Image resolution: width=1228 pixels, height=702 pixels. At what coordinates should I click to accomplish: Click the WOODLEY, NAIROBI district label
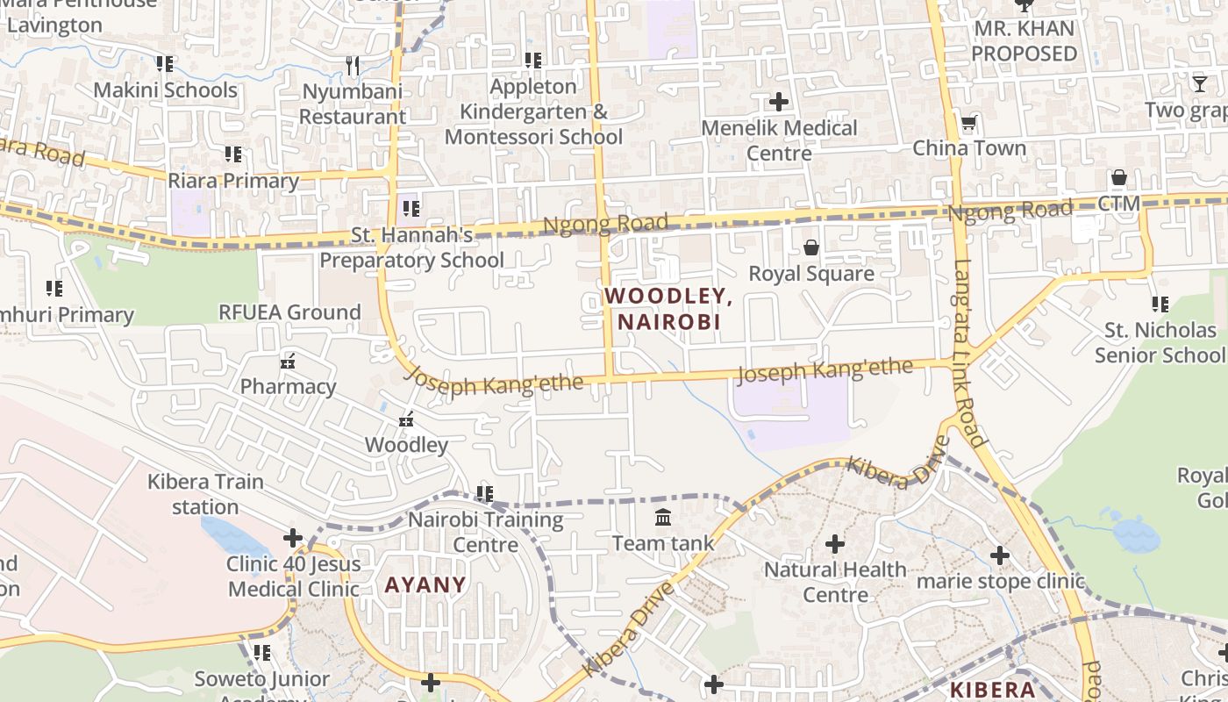coord(668,309)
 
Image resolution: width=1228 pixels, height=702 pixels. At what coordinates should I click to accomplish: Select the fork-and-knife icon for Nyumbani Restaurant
coord(353,65)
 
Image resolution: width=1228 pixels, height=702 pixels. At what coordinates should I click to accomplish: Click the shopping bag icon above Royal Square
coord(811,247)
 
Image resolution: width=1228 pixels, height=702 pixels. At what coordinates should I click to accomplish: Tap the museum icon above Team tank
coord(663,518)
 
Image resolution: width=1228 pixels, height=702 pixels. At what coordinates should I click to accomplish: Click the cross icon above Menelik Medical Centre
coord(778,102)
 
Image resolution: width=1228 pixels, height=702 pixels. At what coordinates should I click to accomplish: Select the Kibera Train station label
coord(205,494)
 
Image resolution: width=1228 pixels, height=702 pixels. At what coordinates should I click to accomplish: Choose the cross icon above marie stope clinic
coord(1000,555)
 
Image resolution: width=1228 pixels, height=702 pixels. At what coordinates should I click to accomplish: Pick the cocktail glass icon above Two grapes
coord(1199,84)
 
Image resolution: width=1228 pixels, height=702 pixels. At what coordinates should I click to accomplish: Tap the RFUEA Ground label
coord(289,312)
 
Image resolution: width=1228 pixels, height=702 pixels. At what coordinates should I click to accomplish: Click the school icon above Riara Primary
coord(233,154)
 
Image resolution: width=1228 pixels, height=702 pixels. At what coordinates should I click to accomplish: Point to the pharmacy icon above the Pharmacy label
coord(288,361)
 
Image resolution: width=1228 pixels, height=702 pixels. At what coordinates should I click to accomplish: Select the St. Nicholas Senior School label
coord(1160,342)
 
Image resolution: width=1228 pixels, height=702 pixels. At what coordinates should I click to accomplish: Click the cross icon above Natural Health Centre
coord(835,544)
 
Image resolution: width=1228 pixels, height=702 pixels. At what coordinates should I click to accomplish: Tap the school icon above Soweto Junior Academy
coord(261,653)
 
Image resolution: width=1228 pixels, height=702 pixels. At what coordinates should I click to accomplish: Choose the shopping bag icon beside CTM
coord(1118,178)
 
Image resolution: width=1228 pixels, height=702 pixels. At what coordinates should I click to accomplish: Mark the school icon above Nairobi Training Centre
coord(485,494)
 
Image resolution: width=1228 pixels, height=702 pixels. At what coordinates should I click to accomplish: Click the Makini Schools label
coord(165,90)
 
